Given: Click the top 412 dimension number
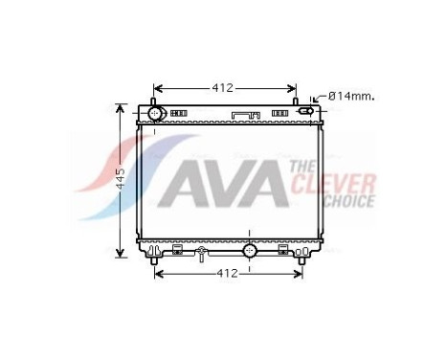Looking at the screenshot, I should point(223,88).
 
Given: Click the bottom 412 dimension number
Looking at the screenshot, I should point(225,275).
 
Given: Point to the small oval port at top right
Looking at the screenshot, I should point(305,112).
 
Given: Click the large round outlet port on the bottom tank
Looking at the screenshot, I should point(249,252).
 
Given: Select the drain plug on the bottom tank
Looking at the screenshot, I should point(201,254).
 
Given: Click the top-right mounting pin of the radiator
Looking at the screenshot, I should point(298,100).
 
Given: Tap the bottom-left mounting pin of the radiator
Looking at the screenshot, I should point(155,260).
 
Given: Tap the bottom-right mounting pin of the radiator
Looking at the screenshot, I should point(302,260).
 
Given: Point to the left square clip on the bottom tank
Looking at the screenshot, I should point(177,250).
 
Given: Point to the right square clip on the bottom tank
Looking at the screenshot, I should point(282,250).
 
